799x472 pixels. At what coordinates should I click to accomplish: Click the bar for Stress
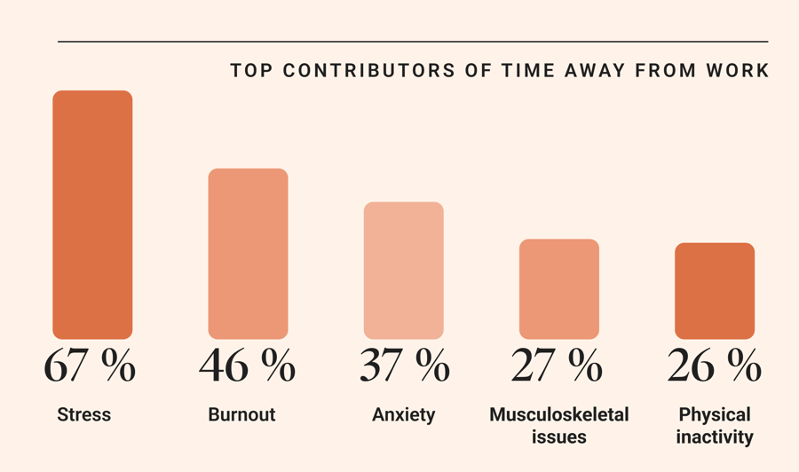[92, 215]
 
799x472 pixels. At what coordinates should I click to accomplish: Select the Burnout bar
[248, 254]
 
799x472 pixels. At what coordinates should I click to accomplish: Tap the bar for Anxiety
[404, 271]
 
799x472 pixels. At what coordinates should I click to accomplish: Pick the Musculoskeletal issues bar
[559, 289]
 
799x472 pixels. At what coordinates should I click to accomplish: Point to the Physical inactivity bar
[715, 291]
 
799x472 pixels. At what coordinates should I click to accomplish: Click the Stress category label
[83, 414]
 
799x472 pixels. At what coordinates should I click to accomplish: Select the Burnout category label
[241, 414]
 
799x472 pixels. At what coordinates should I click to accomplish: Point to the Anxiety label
[403, 415]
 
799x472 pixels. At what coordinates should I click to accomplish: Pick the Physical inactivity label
[715, 425]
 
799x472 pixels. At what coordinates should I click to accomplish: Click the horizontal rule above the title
[413, 42]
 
